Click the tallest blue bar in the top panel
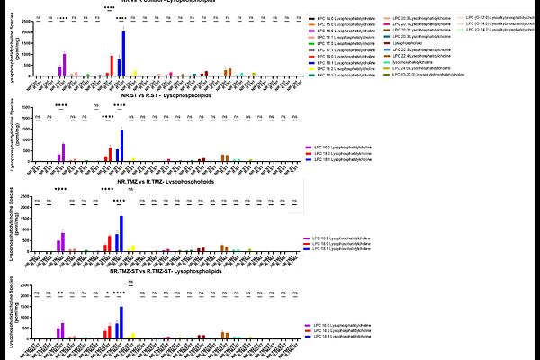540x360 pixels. point(123,54)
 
